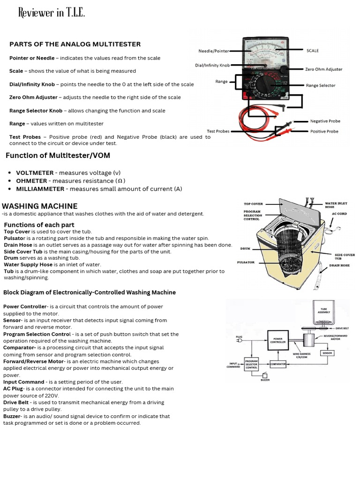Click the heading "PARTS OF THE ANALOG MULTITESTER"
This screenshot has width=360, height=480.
[75, 44]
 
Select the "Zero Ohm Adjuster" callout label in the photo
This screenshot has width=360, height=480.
[323, 69]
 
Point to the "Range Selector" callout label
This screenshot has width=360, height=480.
[321, 85]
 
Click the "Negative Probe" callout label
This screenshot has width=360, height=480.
[325, 121]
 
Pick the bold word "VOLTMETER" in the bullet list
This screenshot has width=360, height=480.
[35, 173]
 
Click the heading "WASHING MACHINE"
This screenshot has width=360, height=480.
[40, 206]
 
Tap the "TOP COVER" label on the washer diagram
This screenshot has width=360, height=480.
[254, 204]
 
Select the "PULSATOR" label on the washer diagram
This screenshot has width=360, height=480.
[246, 262]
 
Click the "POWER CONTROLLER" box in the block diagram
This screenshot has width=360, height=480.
[277, 339]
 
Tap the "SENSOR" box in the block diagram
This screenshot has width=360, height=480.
[327, 352]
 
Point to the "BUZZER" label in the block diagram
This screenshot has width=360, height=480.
[265, 380]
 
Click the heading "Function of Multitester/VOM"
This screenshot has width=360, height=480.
[58, 155]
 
